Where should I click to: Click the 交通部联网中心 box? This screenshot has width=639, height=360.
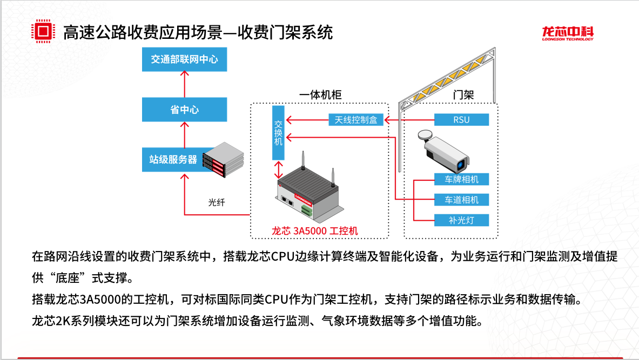[184, 59]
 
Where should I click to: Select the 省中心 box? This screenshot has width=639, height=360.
[184, 110]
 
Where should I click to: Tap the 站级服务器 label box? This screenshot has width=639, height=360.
[173, 159]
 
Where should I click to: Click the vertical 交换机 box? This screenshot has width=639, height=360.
[278, 132]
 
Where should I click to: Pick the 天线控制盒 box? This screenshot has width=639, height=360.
[356, 119]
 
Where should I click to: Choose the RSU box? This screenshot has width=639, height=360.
[461, 119]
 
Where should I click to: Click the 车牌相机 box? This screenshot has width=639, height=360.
[461, 179]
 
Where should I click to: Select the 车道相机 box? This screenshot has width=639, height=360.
[461, 200]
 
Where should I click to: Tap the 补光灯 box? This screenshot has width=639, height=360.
[461, 220]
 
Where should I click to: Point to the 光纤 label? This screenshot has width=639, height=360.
[216, 202]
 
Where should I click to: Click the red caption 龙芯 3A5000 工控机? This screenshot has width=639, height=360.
[315, 231]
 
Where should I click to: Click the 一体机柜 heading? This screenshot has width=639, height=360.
[320, 95]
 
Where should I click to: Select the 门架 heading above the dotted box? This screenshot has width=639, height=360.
[463, 95]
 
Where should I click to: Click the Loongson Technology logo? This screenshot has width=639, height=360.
[568, 33]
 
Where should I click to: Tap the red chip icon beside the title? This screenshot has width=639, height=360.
[44, 32]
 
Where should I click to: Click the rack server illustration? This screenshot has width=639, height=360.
[223, 159]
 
